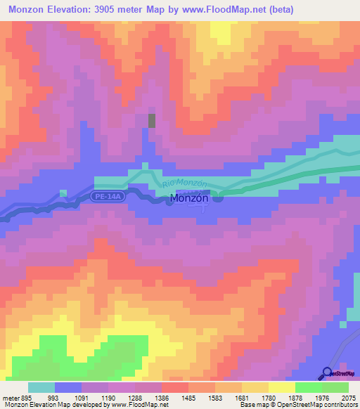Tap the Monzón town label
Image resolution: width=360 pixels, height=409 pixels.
point(188,200)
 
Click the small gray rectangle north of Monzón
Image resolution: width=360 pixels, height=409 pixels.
point(152,120)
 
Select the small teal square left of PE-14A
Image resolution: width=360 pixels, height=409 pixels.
point(63,193)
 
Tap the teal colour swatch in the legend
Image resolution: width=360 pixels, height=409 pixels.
point(41,387)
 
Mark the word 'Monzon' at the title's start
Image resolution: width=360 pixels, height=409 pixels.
point(26,9)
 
